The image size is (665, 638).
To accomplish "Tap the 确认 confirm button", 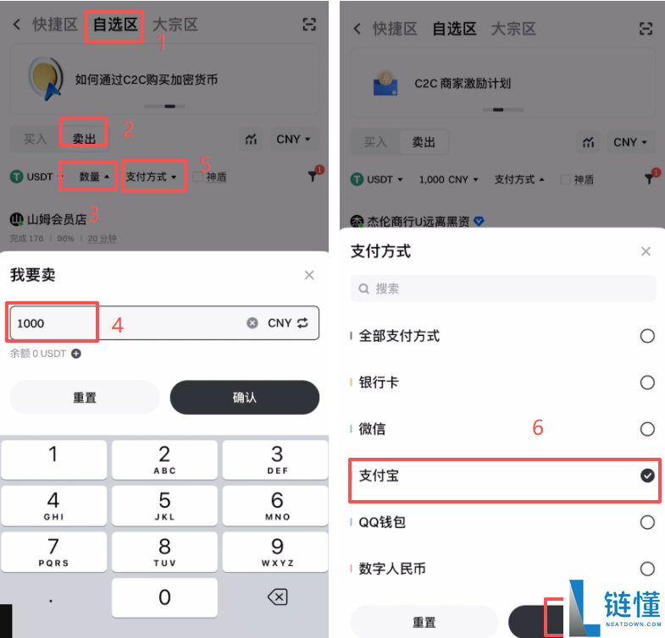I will click(x=244, y=397).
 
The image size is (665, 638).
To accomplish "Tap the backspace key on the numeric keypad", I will click(x=276, y=597).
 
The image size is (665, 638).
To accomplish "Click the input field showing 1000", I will click(x=127, y=323).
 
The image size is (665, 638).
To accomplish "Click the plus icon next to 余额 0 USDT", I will click(x=76, y=354).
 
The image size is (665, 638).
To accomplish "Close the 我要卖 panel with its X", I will click(x=309, y=275).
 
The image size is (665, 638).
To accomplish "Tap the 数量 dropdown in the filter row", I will click(x=94, y=177).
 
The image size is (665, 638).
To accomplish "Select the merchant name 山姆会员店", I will click(x=57, y=219).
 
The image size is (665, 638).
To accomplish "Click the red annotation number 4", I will click(x=118, y=325).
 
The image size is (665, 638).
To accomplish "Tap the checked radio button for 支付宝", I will click(x=647, y=476).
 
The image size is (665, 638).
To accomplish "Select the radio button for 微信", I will click(x=647, y=429).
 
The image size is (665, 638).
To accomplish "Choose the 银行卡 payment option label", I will click(x=379, y=382).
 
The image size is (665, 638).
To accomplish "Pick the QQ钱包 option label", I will click(x=382, y=522).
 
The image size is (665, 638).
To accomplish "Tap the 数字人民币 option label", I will click(x=391, y=569).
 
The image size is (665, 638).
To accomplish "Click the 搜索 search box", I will click(x=503, y=289).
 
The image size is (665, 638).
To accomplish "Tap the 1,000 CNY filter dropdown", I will click(x=449, y=179).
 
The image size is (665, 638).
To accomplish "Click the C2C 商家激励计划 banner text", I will click(x=462, y=84).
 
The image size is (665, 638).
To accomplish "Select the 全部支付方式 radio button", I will click(x=647, y=336).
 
